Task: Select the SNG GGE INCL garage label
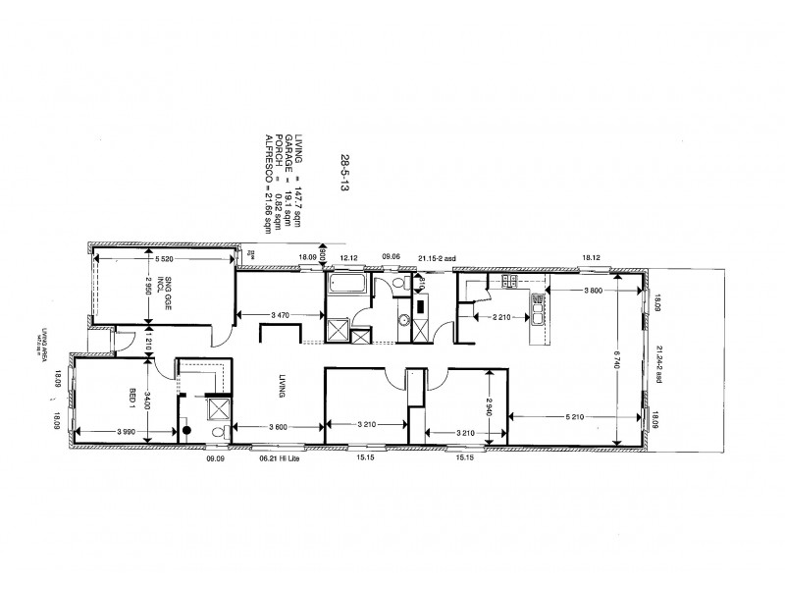172,294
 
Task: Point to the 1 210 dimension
147,346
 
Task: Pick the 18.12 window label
592,257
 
